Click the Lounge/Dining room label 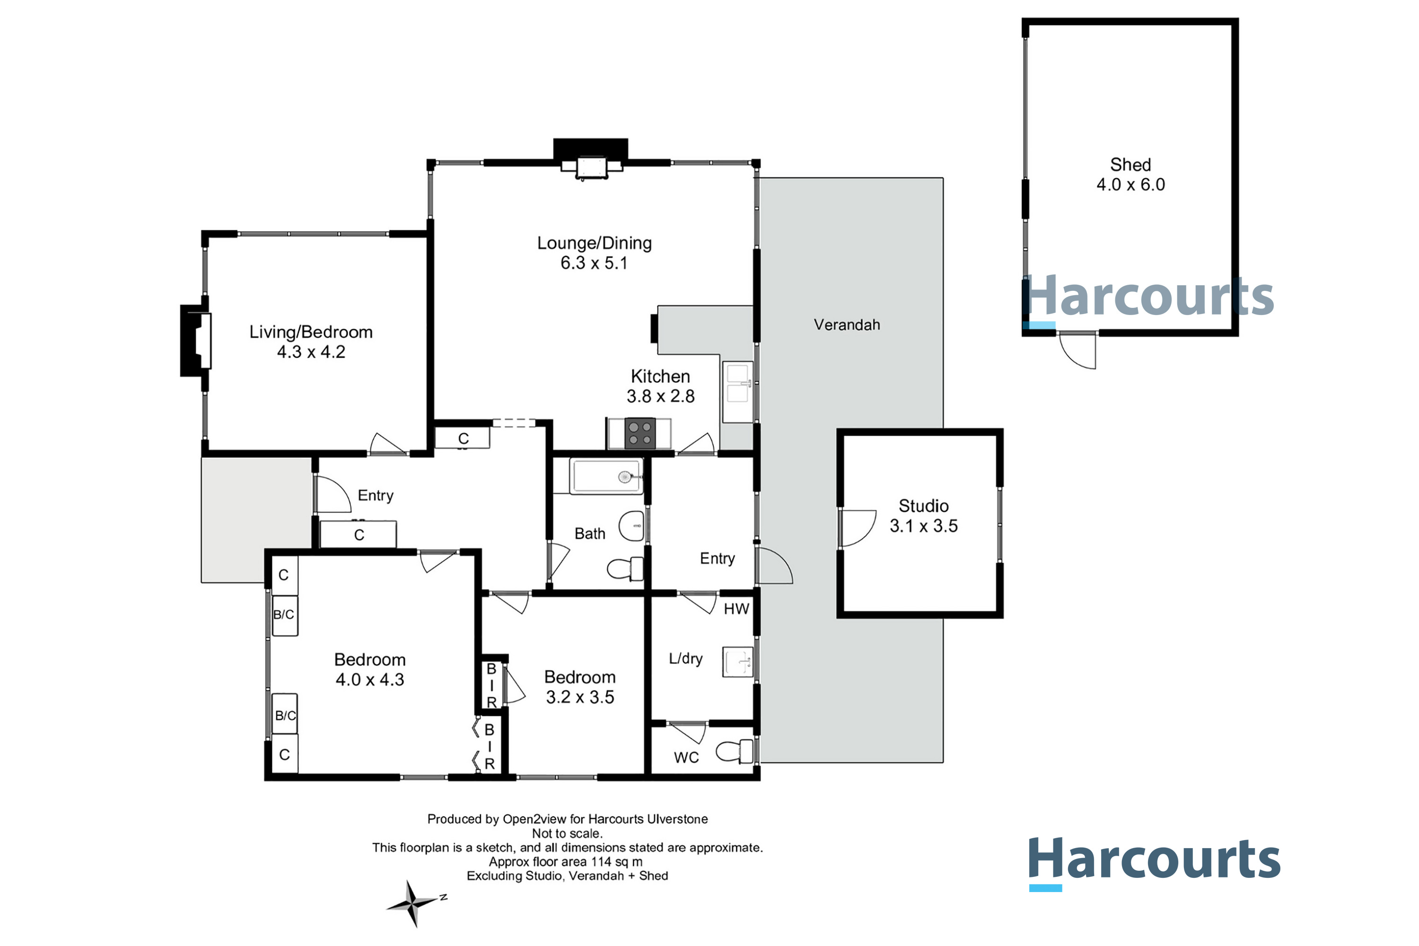coord(594,243)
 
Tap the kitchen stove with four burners coord(639,434)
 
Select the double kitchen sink coord(737,384)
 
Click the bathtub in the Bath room coord(606,477)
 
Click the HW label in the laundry coord(736,609)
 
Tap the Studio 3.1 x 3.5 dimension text coord(923,526)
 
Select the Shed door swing coord(1078,350)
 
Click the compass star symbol coord(413,903)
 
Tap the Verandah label coord(847,325)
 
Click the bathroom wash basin coord(632,526)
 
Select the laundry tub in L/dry coord(737,662)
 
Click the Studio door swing coord(857,528)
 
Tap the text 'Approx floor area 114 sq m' coord(565,861)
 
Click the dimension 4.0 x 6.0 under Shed coord(1130,184)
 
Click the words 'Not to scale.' coord(567,834)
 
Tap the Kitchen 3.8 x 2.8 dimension coord(660,396)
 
